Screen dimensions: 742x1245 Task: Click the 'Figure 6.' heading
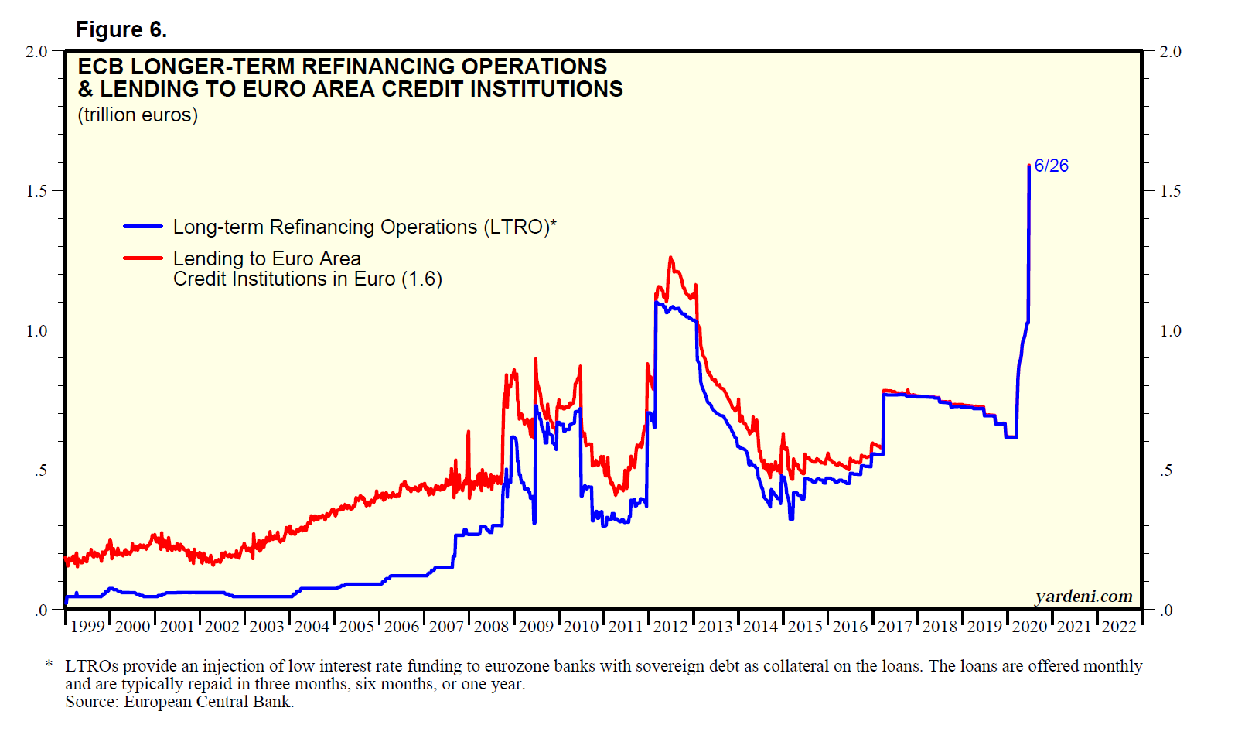pyautogui.click(x=121, y=29)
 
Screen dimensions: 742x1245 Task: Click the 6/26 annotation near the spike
pyautogui.click(x=1051, y=166)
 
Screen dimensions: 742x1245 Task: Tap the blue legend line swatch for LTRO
pyautogui.click(x=142, y=227)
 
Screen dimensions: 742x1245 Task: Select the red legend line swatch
pyautogui.click(x=142, y=258)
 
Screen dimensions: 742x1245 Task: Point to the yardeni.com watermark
pyautogui.click(x=1083, y=596)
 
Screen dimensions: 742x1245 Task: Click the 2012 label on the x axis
pyautogui.click(x=670, y=627)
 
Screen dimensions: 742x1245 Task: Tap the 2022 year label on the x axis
pyautogui.click(x=1119, y=627)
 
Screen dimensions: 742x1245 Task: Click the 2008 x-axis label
pyautogui.click(x=491, y=627)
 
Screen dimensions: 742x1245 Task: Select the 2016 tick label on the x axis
pyautogui.click(x=850, y=627)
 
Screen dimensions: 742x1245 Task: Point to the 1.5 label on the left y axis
pyautogui.click(x=36, y=191)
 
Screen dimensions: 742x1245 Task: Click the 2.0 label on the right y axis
pyautogui.click(x=1171, y=52)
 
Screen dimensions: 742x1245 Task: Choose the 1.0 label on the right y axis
pyautogui.click(x=1171, y=331)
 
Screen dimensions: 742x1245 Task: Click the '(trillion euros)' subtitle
pyautogui.click(x=138, y=115)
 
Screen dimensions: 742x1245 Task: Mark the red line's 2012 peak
pyautogui.click(x=670, y=258)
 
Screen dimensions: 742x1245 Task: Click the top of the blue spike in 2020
pyautogui.click(x=1028, y=166)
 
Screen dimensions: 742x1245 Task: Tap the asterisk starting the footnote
pyautogui.click(x=49, y=665)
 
